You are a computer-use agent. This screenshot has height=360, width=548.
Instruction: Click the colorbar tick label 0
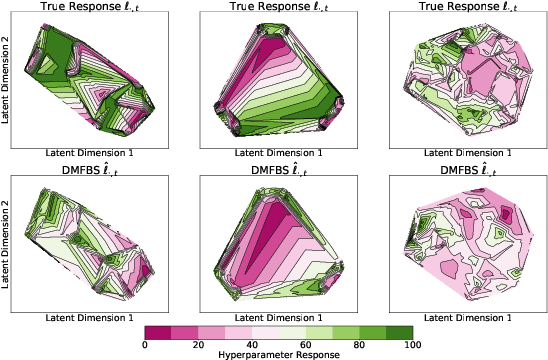146,343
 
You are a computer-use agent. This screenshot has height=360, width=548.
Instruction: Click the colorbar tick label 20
199,343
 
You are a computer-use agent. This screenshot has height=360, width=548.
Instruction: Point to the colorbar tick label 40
252,343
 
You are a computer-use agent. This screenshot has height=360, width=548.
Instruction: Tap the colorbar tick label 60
305,343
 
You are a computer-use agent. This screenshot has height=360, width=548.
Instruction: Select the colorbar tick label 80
358,343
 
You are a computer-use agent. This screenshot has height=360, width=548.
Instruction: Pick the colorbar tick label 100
412,343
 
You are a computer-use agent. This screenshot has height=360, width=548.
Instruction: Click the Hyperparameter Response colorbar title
279,353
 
